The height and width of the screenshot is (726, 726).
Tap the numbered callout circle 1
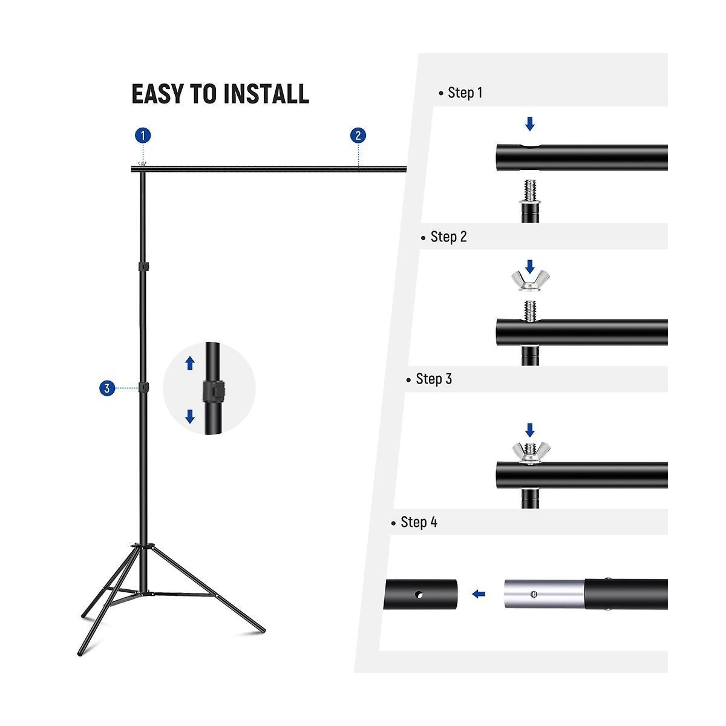[143, 136]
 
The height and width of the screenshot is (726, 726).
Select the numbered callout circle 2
[358, 136]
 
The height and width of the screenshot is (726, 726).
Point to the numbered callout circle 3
[107, 388]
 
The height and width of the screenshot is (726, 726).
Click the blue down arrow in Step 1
[530, 123]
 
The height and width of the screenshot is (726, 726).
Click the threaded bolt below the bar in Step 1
[531, 192]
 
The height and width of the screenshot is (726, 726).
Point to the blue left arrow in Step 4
[479, 594]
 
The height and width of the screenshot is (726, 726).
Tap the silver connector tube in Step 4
[544, 594]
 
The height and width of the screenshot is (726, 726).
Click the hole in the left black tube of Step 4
[419, 595]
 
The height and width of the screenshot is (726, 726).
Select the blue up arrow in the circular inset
[190, 364]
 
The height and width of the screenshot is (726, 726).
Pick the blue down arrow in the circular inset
[190, 416]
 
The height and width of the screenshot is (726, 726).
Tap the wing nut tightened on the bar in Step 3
[531, 453]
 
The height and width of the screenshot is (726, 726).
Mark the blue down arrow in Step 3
[530, 430]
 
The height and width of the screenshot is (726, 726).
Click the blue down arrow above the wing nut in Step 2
[530, 266]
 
